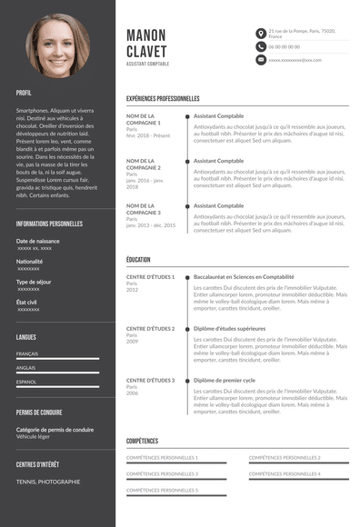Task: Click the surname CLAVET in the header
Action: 147,51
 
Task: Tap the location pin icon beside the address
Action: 261,33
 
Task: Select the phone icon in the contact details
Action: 261,46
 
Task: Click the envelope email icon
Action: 261,60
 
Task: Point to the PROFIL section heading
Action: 24,93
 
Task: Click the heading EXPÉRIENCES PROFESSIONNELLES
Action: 163,98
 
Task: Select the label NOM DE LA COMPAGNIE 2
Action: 144,164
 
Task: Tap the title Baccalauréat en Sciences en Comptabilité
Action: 244,276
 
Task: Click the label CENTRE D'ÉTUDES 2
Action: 150,328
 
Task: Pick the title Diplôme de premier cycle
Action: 225,380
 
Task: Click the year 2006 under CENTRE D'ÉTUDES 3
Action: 133,393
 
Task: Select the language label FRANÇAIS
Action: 27,353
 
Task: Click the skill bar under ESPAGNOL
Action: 58,389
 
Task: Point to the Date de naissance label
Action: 38,241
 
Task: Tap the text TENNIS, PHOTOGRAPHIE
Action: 48,482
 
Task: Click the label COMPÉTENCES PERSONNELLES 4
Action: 285,473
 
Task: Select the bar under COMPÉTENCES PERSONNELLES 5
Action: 175,497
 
